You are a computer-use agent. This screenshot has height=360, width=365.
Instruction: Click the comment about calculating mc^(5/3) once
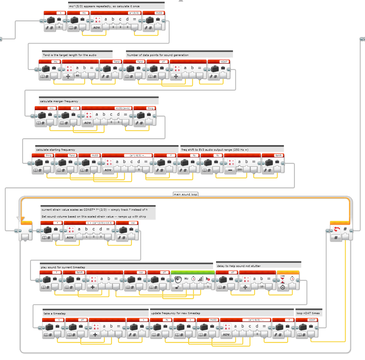pos(104,6)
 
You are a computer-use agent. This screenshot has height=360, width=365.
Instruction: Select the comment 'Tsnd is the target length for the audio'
pos(70,55)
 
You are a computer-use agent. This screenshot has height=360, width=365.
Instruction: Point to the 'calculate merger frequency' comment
pos(59,101)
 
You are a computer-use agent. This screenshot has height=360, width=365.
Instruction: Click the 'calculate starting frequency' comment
pos(56,150)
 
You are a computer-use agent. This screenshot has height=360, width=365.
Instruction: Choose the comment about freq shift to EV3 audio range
pos(215,150)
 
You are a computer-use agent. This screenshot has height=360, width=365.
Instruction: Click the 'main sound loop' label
pos(185,194)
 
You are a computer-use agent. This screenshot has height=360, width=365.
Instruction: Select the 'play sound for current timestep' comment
pos(63,267)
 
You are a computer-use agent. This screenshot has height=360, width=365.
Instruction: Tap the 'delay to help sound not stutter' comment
pos(239,266)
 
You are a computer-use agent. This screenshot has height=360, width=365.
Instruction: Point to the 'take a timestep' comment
pos(55,313)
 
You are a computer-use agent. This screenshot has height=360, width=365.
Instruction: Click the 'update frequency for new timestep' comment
pos(176,313)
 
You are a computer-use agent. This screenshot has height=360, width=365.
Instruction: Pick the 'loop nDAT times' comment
pos(308,313)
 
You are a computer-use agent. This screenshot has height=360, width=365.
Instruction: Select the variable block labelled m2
pos(69,116)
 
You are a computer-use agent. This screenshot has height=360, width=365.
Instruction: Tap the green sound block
pos(192,280)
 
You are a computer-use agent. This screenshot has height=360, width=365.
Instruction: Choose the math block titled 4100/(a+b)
pos(107,116)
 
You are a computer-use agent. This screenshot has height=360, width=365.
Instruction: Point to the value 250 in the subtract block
pos(240,170)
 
